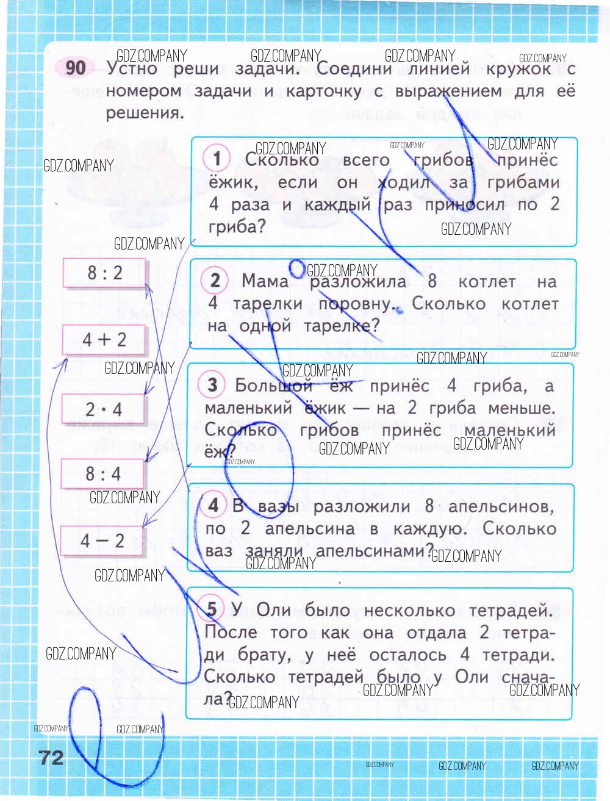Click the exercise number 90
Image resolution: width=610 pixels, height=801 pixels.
coord(75,67)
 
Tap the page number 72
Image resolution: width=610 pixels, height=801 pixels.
coord(51,757)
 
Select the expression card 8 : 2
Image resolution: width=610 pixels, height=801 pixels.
coord(104,272)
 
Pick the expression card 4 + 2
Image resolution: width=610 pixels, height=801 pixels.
coord(104,339)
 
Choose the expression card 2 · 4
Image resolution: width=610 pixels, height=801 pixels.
coord(104,409)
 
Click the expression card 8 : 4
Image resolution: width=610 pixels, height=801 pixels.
coord(103,473)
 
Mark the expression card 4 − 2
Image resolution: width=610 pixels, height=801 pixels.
coord(102,541)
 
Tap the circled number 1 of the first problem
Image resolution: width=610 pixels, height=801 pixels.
coord(217,159)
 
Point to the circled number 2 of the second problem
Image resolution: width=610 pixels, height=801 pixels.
coord(215,281)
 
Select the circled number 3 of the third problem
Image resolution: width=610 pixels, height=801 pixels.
coord(212,385)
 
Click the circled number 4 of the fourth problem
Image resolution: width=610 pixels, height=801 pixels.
coord(213,505)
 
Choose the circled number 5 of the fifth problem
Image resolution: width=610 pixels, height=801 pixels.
coord(211,608)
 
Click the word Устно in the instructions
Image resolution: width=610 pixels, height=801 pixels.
coord(132,68)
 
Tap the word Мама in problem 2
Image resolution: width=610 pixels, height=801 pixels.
coord(265,281)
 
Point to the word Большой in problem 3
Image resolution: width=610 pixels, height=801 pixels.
coord(273,386)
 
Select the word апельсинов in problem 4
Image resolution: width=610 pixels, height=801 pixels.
coord(501,506)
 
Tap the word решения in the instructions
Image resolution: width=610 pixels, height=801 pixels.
coord(143,113)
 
